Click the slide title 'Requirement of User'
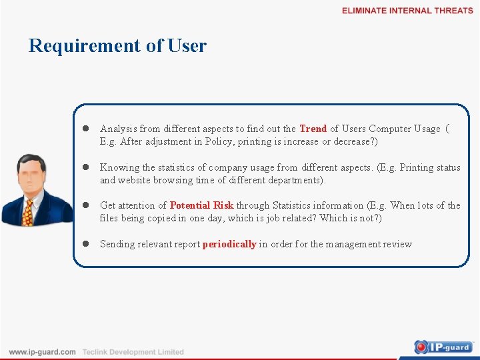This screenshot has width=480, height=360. (117, 45)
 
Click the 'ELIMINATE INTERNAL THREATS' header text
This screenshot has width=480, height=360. (407, 11)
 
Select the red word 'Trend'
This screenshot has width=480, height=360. (313, 129)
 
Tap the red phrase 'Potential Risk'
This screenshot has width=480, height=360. (201, 205)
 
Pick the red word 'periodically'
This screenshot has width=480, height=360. (229, 244)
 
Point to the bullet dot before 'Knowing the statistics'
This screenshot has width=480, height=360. (86, 168)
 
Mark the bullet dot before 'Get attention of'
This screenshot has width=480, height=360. (86, 206)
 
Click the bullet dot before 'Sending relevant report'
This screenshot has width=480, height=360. (86, 244)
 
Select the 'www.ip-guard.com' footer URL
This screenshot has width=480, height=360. (42, 352)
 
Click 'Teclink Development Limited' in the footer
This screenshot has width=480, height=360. (133, 352)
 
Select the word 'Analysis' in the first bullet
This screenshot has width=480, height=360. (118, 129)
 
